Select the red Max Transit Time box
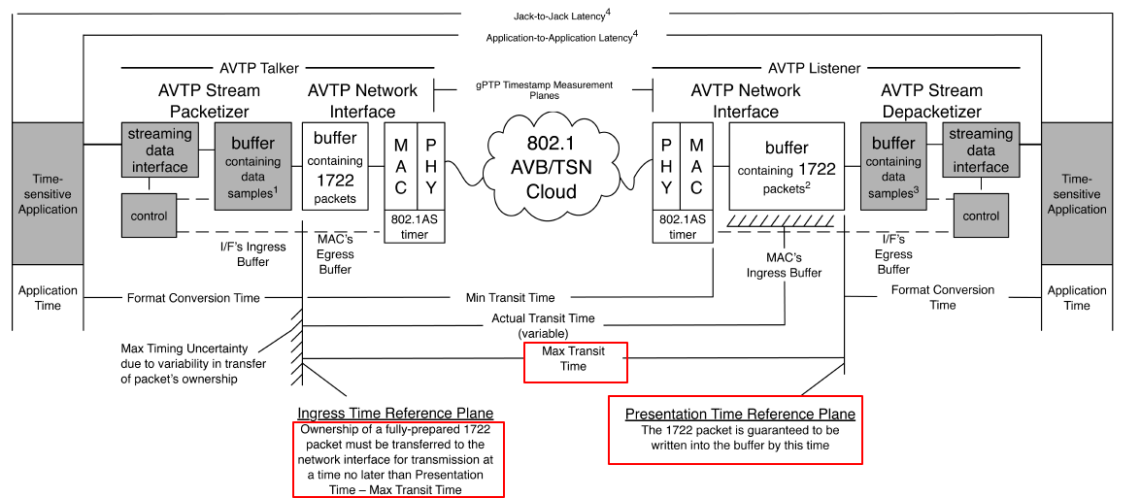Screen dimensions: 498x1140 [x=575, y=359]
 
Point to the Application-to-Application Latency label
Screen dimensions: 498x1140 [x=561, y=37]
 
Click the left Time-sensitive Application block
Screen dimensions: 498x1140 [x=48, y=193]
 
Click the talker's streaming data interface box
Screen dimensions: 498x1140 [x=160, y=150]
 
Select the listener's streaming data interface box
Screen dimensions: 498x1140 [x=980, y=150]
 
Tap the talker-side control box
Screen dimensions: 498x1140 [x=149, y=216]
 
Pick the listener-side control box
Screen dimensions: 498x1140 [x=981, y=216]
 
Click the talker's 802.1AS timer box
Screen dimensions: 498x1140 [x=417, y=226]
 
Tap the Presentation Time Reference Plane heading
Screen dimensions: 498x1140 [x=740, y=414]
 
